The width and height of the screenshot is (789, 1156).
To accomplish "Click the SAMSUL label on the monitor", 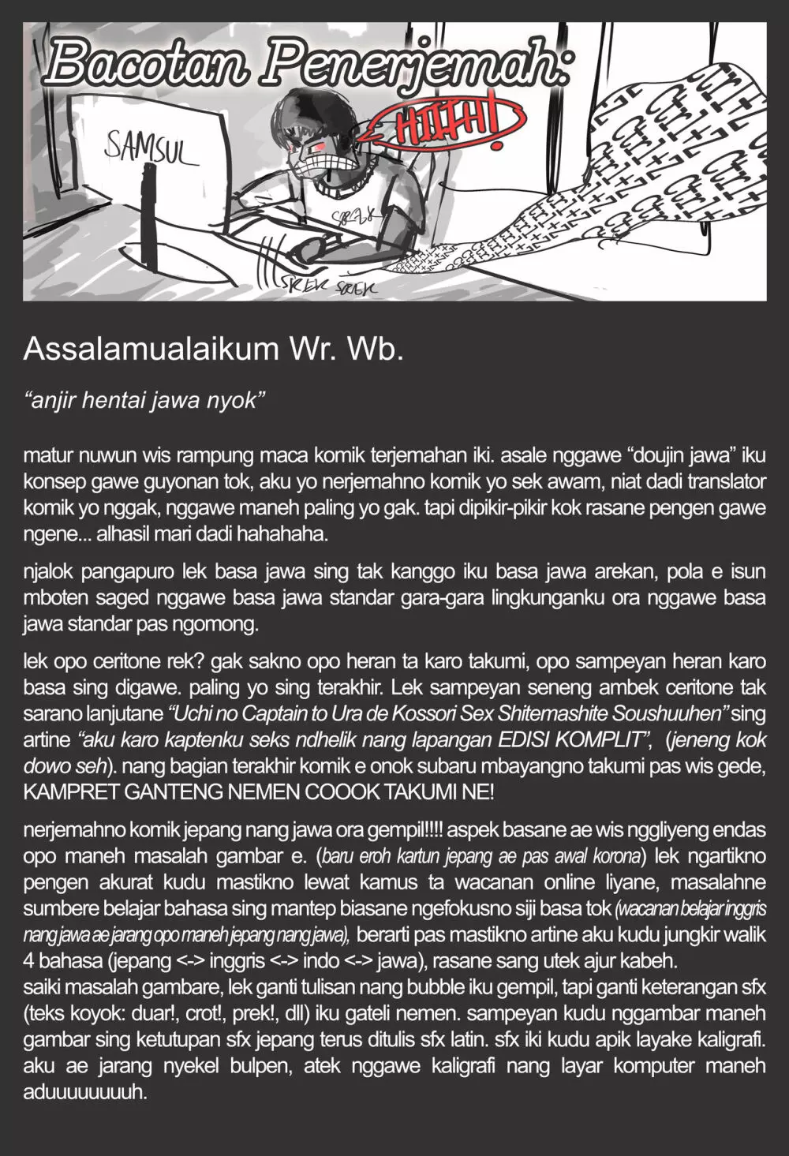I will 150,150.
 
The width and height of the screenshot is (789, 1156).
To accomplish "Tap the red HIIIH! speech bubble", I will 451,125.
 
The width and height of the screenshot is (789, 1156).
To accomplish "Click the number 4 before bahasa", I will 28,960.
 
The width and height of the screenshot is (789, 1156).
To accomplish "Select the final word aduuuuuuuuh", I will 85,1092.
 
